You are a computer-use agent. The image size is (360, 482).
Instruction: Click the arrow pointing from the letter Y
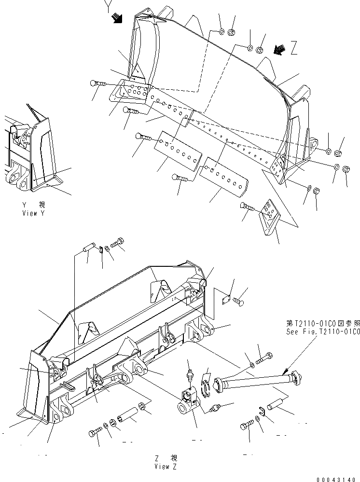point(116,18)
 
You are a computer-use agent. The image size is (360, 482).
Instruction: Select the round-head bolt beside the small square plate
point(239,303)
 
